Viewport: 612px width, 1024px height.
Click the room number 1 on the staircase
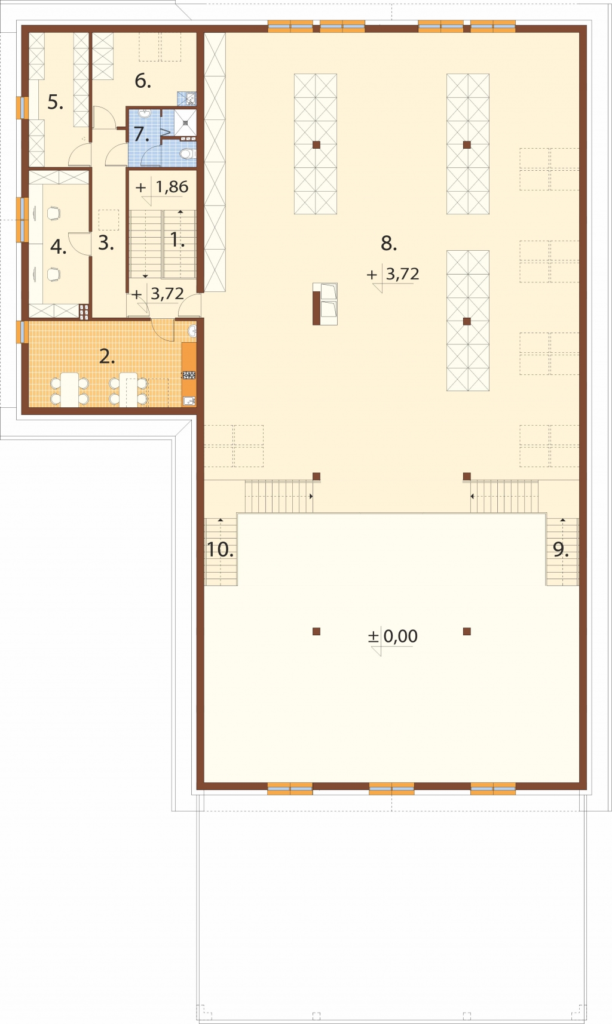click(x=177, y=240)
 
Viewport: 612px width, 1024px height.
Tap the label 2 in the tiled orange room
click(x=107, y=356)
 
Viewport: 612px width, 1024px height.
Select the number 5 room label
click(x=55, y=102)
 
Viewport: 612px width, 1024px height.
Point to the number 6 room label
click(x=142, y=81)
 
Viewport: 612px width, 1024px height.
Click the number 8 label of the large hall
click(x=388, y=243)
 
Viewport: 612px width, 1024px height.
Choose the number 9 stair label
click(x=561, y=549)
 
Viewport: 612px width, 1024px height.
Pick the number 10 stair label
click(x=220, y=549)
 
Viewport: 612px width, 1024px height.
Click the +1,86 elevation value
click(x=162, y=187)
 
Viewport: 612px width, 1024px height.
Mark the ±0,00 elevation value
click(x=393, y=636)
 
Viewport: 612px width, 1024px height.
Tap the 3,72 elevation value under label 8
click(x=402, y=274)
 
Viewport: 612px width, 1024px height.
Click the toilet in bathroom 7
click(x=188, y=154)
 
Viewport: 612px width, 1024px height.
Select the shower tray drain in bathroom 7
click(x=186, y=121)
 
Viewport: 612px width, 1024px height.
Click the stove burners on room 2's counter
click(x=189, y=375)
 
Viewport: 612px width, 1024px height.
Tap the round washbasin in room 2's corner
click(x=192, y=331)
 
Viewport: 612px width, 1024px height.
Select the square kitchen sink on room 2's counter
click(x=189, y=401)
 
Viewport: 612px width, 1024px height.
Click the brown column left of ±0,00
click(x=316, y=631)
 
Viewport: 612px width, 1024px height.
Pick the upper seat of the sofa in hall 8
click(x=329, y=292)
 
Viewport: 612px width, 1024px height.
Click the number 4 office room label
click(x=58, y=247)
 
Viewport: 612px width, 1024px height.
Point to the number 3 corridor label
click(x=106, y=243)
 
